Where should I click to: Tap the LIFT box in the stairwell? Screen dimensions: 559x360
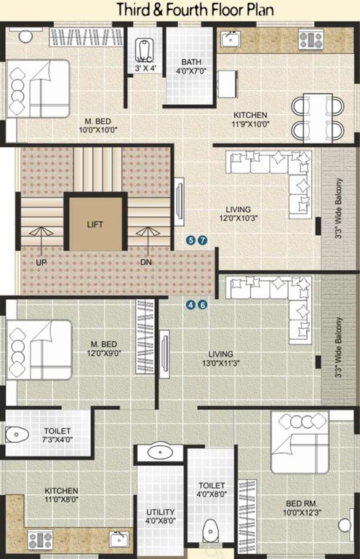pyautogui.click(x=95, y=224)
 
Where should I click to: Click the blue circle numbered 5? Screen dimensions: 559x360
pyautogui.click(x=191, y=240)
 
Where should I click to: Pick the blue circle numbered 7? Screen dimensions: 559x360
pyautogui.click(x=203, y=240)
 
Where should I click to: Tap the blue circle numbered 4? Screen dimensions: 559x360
pyautogui.click(x=191, y=305)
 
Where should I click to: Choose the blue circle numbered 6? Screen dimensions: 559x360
pyautogui.click(x=203, y=305)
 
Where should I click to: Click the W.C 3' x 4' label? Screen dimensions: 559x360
pyautogui.click(x=145, y=64)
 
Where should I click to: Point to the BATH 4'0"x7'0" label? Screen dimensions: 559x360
pyautogui.click(x=193, y=67)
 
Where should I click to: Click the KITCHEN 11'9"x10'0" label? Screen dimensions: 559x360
pyautogui.click(x=250, y=120)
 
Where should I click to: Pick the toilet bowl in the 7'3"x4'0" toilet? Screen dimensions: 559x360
pyautogui.click(x=16, y=435)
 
